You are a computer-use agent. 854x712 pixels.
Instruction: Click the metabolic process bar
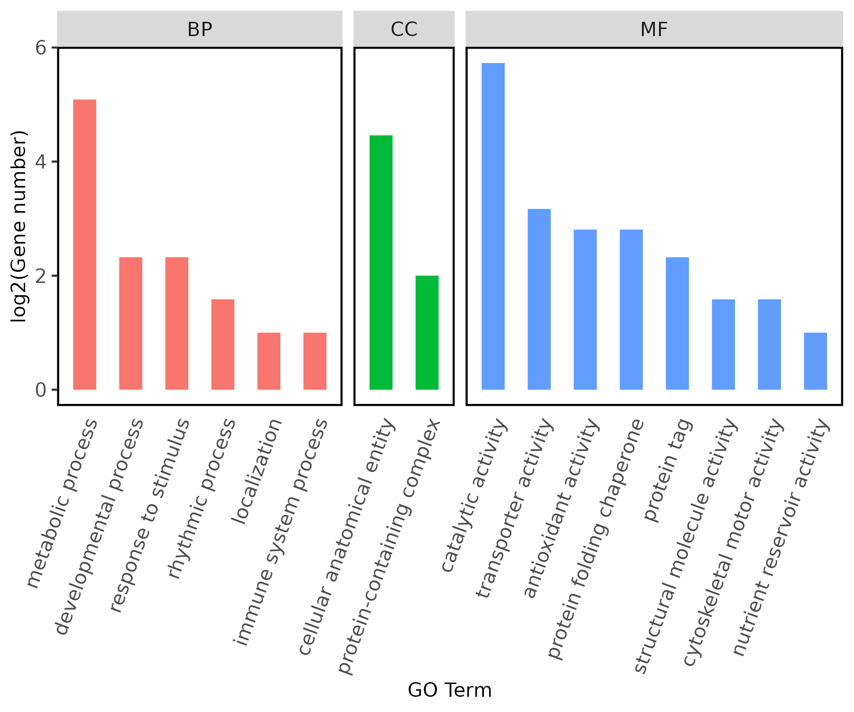pos(85,244)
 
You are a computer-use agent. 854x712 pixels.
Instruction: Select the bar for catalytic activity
pos(493,226)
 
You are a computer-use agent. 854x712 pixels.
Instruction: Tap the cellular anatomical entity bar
pos(381,262)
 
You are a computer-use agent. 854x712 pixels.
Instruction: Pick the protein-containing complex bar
pos(427,332)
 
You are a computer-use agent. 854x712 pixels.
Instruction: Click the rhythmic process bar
pos(223,344)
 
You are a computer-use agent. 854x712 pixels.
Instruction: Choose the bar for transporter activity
pos(539,299)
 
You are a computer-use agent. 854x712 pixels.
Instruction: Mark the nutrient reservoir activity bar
pos(816,361)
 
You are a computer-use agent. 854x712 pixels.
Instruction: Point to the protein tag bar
pos(678,323)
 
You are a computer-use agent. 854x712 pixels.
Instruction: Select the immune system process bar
pos(315,361)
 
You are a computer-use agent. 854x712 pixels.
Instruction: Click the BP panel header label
pos(200,29)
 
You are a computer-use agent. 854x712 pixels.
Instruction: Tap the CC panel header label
pos(404,29)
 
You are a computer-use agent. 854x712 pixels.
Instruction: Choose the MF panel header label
pos(654,29)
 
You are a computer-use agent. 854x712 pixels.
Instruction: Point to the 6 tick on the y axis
pos(41,47)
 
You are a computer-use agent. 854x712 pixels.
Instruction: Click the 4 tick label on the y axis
pos(41,162)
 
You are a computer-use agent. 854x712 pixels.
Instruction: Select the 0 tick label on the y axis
pos(41,390)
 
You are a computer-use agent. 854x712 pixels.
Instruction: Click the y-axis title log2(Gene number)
pos(19,226)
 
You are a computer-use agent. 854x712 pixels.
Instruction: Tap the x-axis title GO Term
pos(449,690)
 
